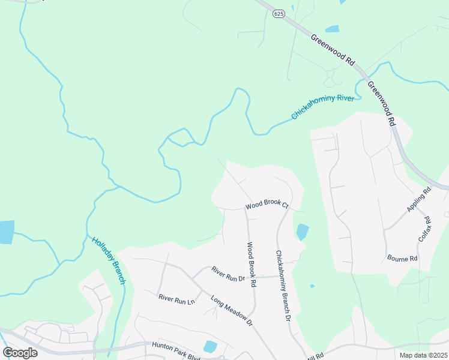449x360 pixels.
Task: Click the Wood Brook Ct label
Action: pyautogui.click(x=267, y=205)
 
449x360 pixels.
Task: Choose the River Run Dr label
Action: pyautogui.click(x=228, y=274)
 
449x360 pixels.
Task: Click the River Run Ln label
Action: pyautogui.click(x=177, y=298)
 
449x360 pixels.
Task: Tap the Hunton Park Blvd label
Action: pyautogui.click(x=175, y=345)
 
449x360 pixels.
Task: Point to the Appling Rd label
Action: pyautogui.click(x=419, y=200)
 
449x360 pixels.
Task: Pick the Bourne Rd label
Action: pyautogui.click(x=402, y=259)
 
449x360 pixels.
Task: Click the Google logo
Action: pyautogui.click(x=20, y=352)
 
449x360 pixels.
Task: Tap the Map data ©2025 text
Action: pyautogui.click(x=424, y=355)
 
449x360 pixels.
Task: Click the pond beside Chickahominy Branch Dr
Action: pyautogui.click(x=302, y=232)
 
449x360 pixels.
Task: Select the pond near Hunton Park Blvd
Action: pyautogui.click(x=210, y=346)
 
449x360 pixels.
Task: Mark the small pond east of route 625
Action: pyautogui.click(x=332, y=29)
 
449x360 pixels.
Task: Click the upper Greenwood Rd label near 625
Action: pyautogui.click(x=334, y=49)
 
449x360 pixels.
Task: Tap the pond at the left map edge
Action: pyautogui.click(x=6, y=232)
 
